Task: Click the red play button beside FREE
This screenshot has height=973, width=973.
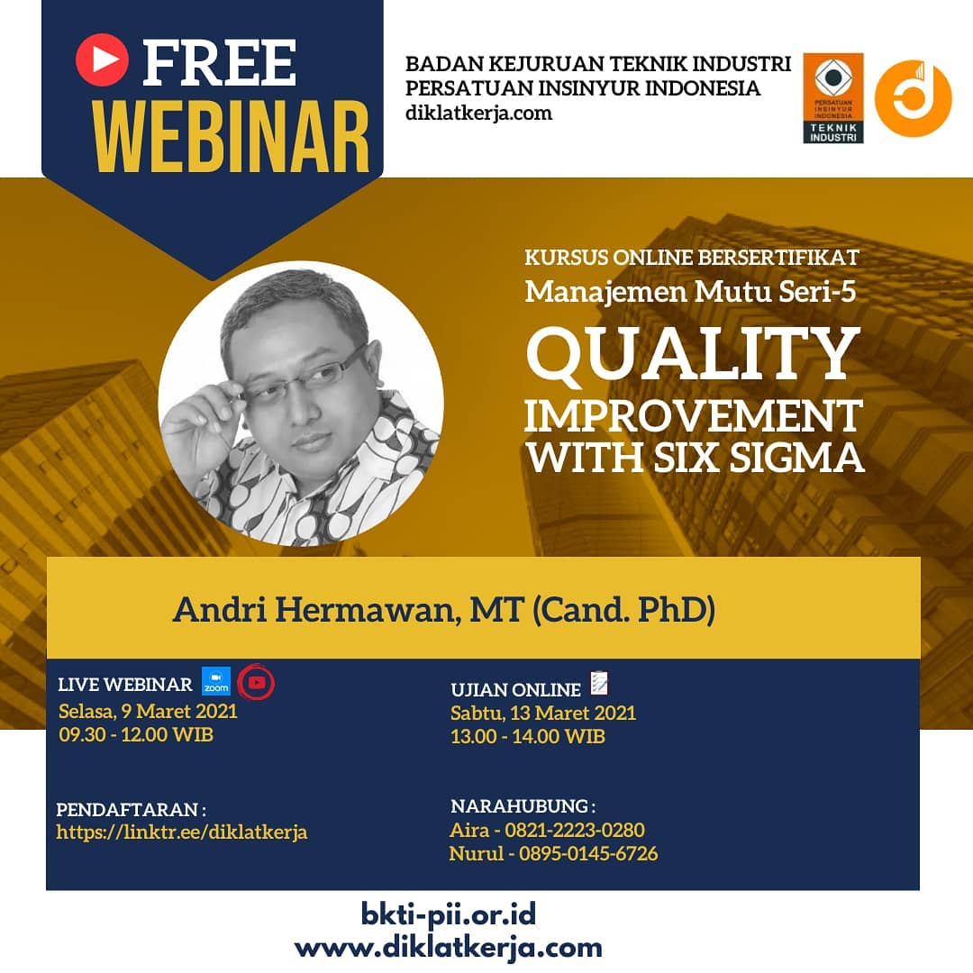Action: click(103, 59)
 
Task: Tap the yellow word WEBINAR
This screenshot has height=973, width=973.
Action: click(232, 137)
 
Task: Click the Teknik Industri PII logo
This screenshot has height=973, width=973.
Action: click(832, 98)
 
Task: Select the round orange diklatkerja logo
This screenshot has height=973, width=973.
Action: click(913, 98)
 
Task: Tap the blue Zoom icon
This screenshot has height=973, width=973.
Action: click(216, 681)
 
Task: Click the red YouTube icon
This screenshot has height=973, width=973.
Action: click(256, 683)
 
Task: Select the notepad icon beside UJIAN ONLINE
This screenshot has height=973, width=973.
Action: click(599, 683)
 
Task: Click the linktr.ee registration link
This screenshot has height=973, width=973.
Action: click(182, 832)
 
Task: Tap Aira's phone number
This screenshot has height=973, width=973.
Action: click(575, 830)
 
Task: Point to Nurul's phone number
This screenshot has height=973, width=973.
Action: click(588, 853)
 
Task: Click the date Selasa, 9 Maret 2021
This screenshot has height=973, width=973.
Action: click(148, 711)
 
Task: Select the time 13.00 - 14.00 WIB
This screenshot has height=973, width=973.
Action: click(527, 737)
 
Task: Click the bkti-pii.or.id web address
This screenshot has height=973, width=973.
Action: click(449, 914)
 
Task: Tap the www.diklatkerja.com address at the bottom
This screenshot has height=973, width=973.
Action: click(449, 948)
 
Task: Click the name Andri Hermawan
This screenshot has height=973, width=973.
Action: click(314, 609)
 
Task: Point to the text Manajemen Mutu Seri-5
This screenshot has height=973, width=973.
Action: click(691, 292)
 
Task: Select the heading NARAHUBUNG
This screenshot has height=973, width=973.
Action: click(523, 806)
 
